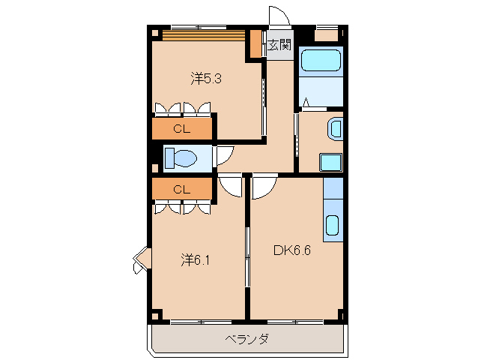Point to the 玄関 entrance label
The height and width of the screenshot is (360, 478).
pos(279,46)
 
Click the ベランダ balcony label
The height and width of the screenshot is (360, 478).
pos(247,339)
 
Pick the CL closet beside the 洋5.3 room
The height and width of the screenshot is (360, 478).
pos(181,129)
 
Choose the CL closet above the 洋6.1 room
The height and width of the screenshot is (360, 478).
pos(181,189)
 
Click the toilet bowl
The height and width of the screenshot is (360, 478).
pos(181,158)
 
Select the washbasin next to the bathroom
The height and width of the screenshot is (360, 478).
pos(335,128)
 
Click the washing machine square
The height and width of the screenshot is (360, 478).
pos(330,162)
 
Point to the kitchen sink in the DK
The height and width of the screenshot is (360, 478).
pos(332,226)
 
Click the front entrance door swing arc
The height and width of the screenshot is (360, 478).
pos(278,16)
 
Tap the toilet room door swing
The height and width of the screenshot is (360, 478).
pos(223,155)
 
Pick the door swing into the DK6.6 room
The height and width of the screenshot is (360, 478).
pos(264,187)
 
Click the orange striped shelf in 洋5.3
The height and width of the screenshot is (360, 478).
pos(204,34)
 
